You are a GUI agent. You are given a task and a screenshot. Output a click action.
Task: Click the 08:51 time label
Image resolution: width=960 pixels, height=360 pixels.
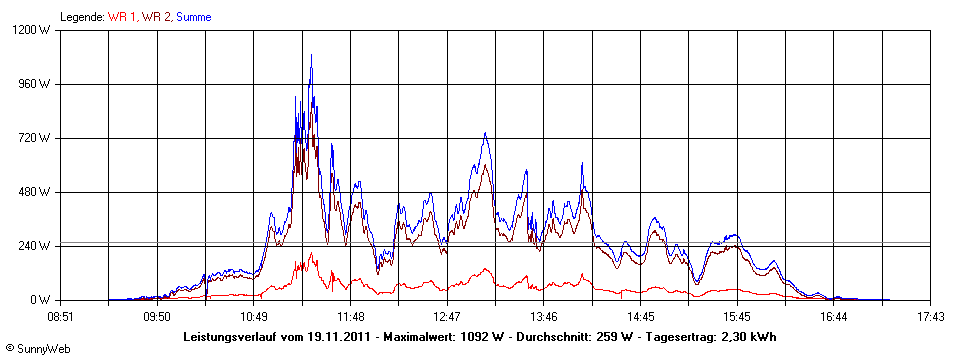coord(61,317)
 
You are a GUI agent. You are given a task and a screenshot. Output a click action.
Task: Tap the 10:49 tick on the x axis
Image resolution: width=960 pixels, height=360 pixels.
coord(254,317)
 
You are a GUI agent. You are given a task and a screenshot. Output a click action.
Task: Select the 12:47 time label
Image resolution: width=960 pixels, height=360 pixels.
coord(447,317)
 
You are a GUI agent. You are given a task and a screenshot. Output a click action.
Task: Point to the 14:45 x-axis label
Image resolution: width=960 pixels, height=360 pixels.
coord(640,317)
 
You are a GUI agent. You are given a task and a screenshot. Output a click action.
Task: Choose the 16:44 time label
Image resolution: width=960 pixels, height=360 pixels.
coord(833,317)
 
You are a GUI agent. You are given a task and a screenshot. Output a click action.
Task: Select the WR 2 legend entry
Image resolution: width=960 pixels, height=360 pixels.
coord(156,17)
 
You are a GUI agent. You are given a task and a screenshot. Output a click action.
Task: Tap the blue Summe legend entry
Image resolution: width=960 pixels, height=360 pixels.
coord(193,17)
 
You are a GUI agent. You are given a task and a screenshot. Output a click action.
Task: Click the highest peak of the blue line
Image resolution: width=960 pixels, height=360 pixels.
coord(311,56)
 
